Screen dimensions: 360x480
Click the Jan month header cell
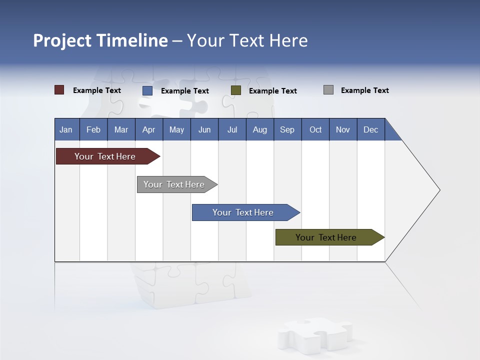(66, 129)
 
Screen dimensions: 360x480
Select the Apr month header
(148, 129)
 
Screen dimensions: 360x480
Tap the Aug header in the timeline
(259, 129)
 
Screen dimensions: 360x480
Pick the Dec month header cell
(370, 129)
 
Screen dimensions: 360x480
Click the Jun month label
(204, 129)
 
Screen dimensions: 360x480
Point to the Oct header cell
(315, 129)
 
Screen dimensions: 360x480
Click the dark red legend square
(59, 90)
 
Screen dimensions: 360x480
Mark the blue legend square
(147, 90)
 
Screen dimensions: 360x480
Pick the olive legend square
(236, 90)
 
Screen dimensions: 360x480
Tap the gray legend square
(328, 90)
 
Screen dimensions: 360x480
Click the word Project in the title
(62, 40)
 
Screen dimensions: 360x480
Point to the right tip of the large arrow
(438, 190)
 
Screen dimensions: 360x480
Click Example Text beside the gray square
(364, 90)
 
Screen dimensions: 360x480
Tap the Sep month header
(287, 129)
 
